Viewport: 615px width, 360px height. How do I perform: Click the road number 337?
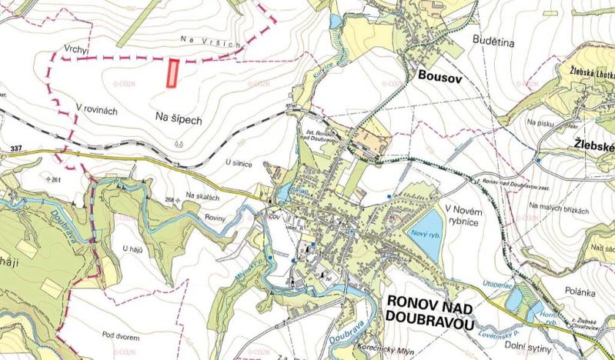(x=16, y=147)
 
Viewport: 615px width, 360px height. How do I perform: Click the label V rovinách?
(x=96, y=110)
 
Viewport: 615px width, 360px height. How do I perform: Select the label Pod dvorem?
(x=118, y=335)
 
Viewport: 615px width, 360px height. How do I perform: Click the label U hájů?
(x=133, y=248)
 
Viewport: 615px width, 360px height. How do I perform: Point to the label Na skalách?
(x=203, y=197)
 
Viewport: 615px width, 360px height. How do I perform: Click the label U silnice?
(x=239, y=164)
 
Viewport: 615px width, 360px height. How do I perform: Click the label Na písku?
(x=541, y=122)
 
